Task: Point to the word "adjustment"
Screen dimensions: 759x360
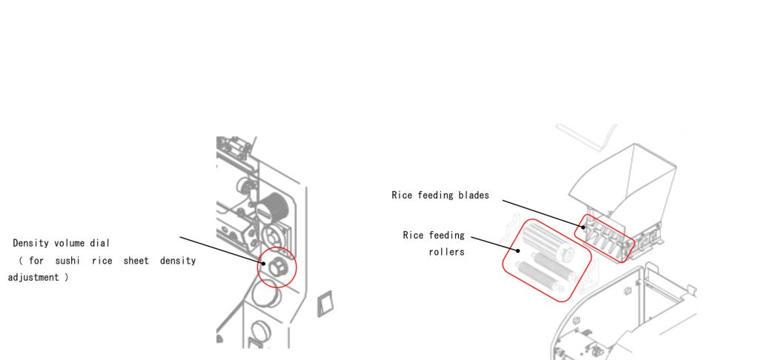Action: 33,279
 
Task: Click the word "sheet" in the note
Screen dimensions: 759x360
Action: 136,261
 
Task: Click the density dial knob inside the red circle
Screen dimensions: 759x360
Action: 277,266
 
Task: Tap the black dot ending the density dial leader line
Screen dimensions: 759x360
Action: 264,264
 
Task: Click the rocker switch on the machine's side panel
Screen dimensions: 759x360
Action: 325,304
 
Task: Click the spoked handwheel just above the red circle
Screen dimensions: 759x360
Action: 272,236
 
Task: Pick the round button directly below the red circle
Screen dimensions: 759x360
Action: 265,295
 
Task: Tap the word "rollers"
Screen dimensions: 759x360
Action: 446,252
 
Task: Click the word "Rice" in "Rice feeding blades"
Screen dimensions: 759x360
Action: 402,195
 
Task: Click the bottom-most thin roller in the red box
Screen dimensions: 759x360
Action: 539,277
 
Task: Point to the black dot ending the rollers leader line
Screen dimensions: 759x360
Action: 518,250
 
